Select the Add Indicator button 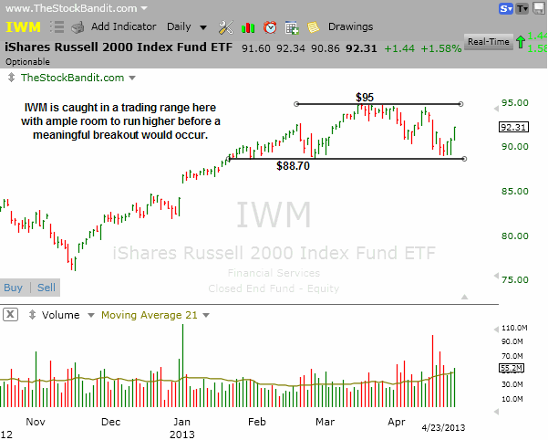pos(123,27)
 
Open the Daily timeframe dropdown pos(186,27)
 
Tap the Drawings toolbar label pos(350,27)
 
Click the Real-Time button pos(488,41)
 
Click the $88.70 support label pos(292,166)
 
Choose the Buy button pos(14,288)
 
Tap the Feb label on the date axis pos(257,423)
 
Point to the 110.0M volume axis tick pos(516,327)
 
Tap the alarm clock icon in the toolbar pos(270,27)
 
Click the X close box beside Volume pos(10,315)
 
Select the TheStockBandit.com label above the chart pos(73,79)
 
